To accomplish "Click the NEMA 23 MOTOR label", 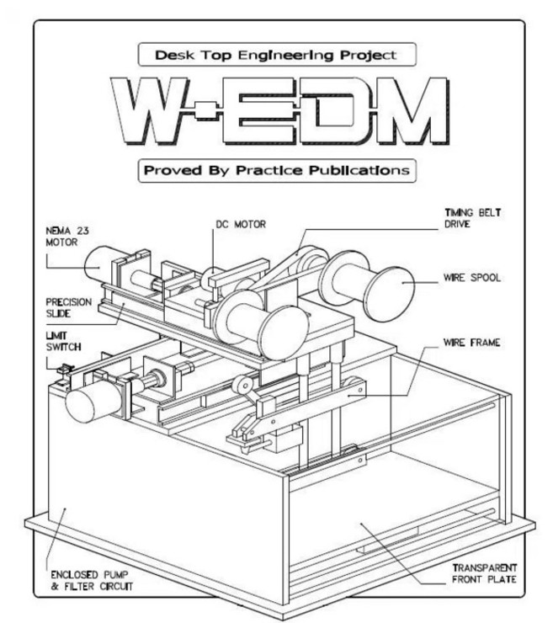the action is (67, 237).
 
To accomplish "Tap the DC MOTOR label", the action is (241, 225).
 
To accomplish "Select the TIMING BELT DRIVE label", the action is (472, 218).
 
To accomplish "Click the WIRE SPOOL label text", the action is (472, 277).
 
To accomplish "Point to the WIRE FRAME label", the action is (471, 342).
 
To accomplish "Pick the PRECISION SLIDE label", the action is (68, 307).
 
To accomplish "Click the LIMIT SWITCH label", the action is (63, 341).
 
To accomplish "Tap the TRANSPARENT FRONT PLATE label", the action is (484, 573).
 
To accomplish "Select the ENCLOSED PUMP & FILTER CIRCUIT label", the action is (92, 581).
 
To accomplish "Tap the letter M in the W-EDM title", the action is (407, 110).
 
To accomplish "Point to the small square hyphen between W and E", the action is (206, 110).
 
